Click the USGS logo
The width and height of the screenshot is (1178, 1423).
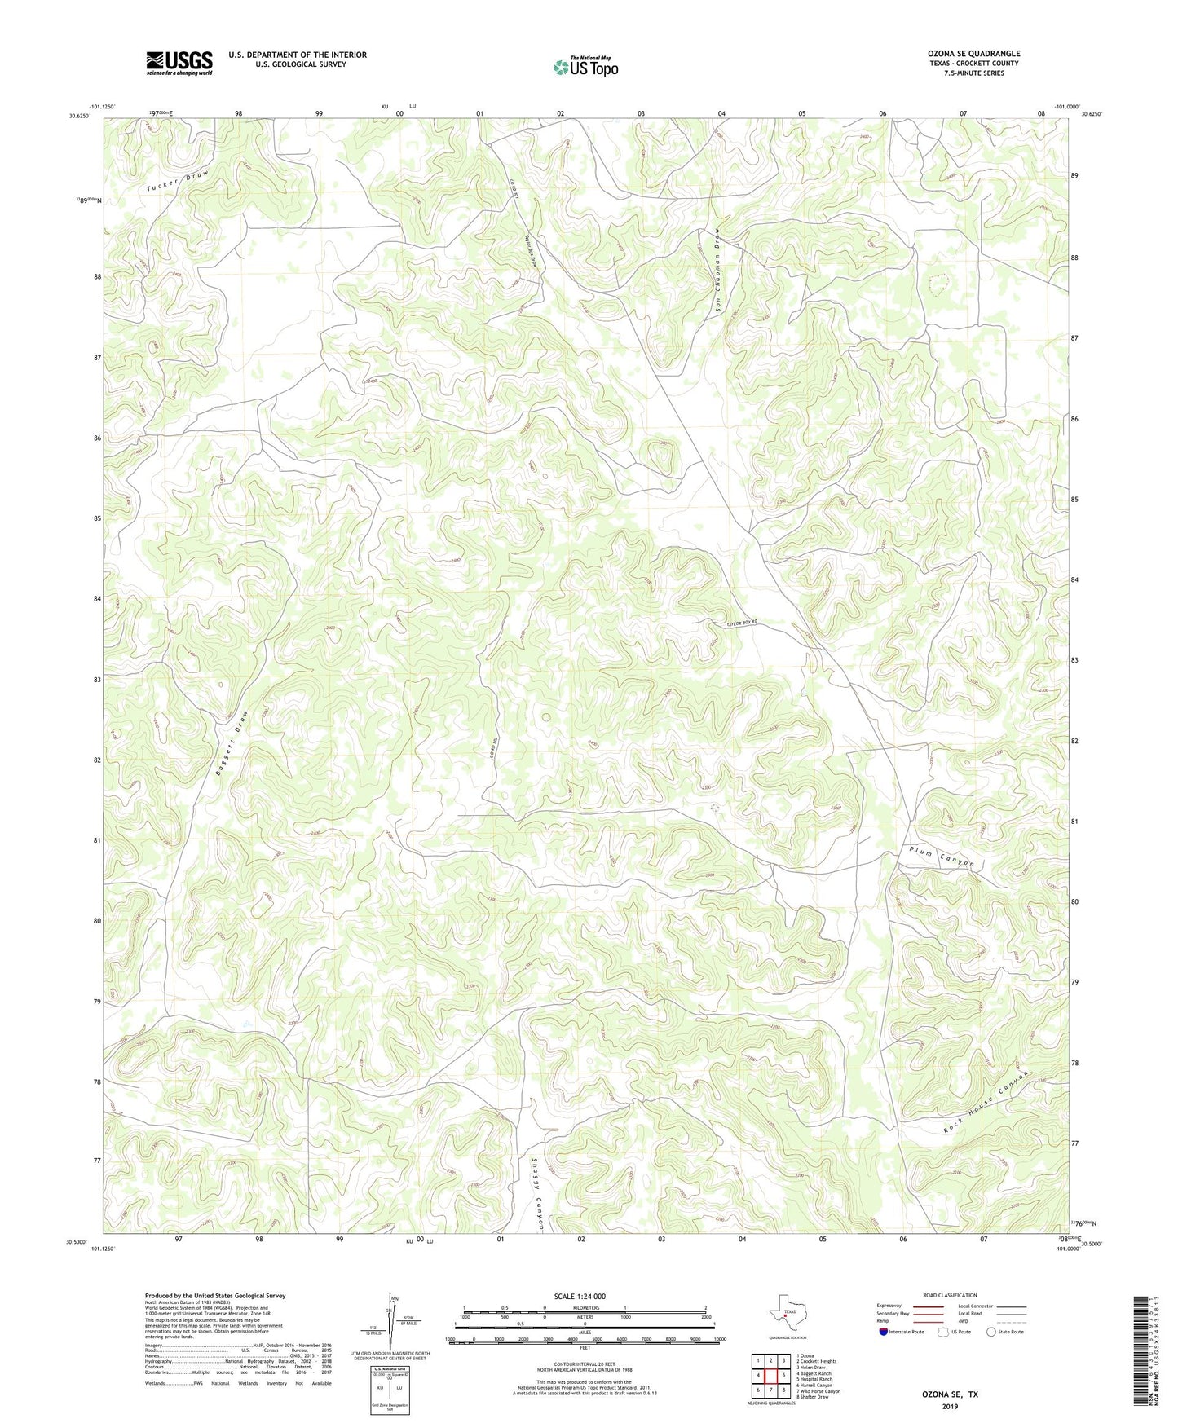179,63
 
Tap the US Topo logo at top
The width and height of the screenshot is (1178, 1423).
585,68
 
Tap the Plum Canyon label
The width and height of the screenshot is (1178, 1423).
942,857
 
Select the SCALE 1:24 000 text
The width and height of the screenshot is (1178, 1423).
579,1296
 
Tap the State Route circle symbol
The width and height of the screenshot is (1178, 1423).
990,1332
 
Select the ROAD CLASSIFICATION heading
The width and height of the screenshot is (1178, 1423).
950,1295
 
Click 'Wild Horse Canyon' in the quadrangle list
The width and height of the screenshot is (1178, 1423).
818,1391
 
